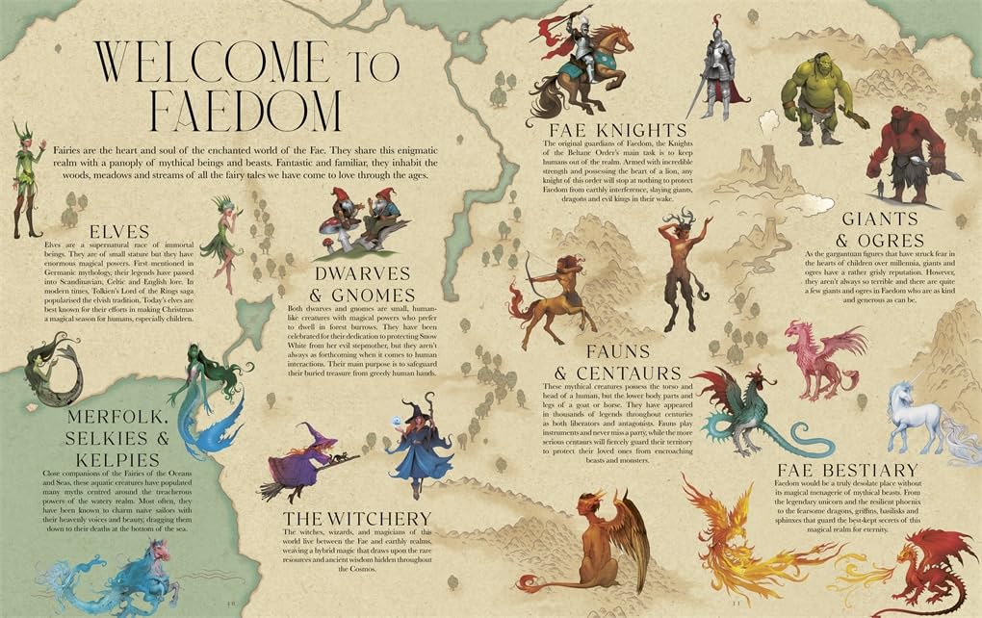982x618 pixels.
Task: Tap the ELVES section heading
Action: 116,232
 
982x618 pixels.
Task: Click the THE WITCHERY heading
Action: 356,521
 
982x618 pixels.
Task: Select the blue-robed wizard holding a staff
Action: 420,449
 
